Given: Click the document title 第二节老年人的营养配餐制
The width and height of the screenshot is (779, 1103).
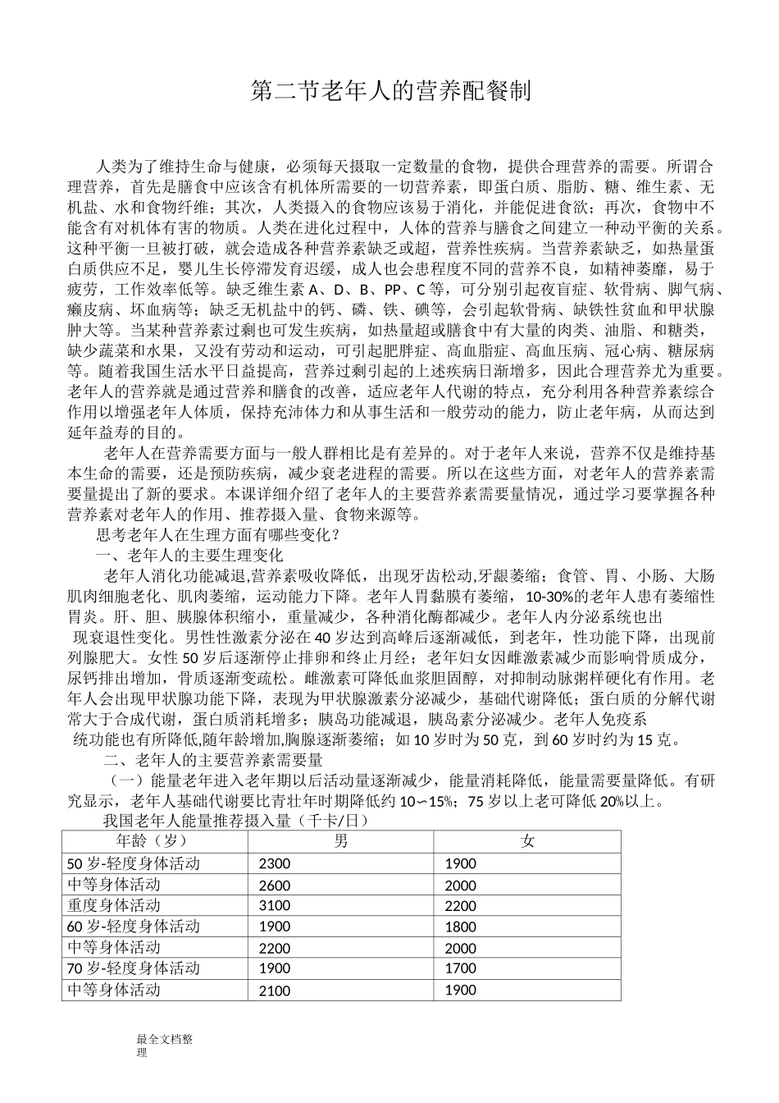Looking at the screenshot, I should [389, 91].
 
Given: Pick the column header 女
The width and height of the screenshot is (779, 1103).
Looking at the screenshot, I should [527, 841].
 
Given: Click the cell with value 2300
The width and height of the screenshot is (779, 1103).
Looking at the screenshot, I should [274, 863].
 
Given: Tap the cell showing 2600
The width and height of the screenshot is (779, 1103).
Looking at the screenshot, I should [274, 885].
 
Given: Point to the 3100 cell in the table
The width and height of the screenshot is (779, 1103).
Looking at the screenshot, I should [274, 905].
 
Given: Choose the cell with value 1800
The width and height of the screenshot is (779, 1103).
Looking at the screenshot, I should [460, 927].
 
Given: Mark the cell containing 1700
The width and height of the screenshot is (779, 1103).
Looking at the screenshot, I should [460, 968].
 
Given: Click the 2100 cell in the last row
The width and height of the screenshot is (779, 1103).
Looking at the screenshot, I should [274, 991].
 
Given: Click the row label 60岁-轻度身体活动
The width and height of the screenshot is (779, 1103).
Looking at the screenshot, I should [133, 927].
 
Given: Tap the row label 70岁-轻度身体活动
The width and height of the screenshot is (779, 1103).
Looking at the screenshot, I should [133, 968].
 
